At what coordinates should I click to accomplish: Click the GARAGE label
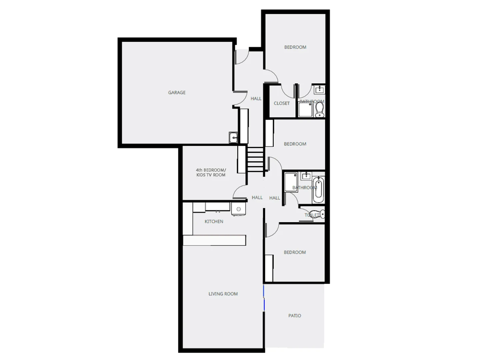[x=177, y=93]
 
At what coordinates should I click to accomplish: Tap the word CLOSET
[x=282, y=103]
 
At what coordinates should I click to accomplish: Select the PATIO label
[x=295, y=316]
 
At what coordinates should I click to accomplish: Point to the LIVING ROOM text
[x=223, y=294]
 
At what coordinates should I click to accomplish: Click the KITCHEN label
[x=214, y=222]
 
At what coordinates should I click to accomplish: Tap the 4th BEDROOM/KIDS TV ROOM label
[x=211, y=173]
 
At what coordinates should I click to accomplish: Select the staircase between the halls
[x=255, y=159]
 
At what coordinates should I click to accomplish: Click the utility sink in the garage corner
[x=233, y=137]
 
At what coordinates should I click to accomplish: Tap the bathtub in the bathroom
[x=318, y=190]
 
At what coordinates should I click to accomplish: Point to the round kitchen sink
[x=239, y=209]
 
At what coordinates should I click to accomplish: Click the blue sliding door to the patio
[x=264, y=298]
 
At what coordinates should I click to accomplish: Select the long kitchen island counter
[x=215, y=240]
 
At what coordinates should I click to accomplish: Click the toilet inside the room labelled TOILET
[x=315, y=213]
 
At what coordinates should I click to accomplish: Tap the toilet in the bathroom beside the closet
[x=320, y=109]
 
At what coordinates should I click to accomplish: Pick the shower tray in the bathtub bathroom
[x=291, y=182]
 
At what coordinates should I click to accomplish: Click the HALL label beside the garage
[x=256, y=99]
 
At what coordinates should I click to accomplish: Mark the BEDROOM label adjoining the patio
[x=295, y=252]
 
